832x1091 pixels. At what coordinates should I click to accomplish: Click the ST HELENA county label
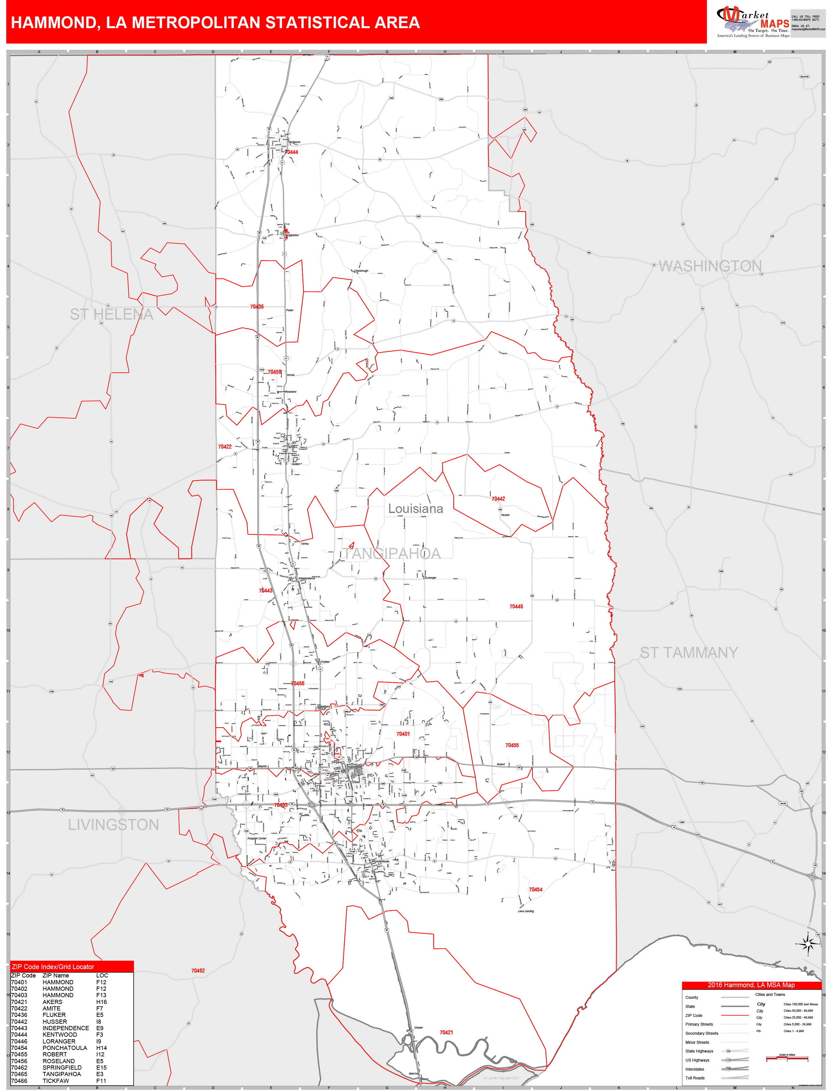coord(111,314)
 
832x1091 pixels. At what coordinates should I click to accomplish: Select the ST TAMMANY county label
coord(689,653)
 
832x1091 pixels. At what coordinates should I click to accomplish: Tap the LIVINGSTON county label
coord(114,824)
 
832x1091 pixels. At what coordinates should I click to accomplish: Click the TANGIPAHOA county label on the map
coord(391,554)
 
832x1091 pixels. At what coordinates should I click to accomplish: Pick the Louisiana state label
coord(415,508)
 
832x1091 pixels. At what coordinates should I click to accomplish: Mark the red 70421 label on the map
coord(446,1032)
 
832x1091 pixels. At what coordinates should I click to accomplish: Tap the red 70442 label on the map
coord(498,499)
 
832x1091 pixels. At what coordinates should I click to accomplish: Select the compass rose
coord(808,944)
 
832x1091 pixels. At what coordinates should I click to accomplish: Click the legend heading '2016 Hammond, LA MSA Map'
coord(751,985)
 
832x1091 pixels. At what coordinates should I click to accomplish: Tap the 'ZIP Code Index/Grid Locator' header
coord(53,967)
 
